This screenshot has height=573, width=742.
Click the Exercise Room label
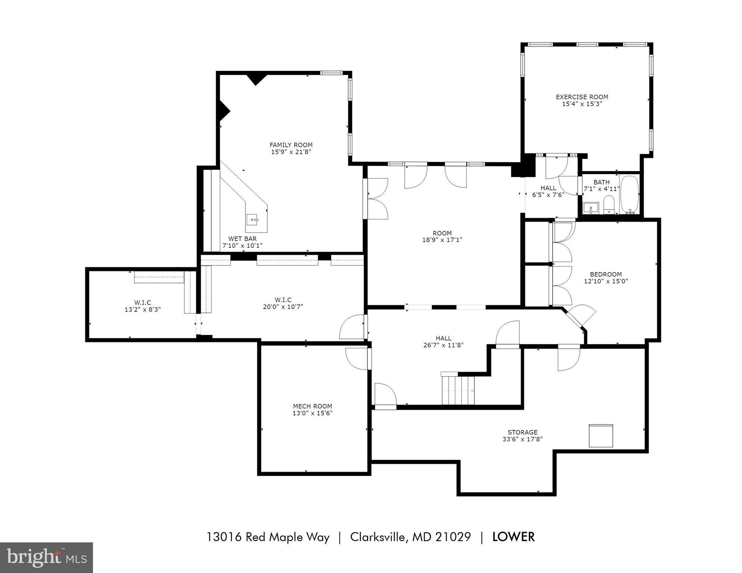click(x=582, y=97)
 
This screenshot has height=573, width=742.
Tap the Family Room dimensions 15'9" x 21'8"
click(x=291, y=152)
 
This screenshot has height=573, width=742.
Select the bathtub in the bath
click(x=630, y=194)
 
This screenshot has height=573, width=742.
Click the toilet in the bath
click(x=609, y=205)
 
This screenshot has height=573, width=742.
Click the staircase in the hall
click(x=458, y=390)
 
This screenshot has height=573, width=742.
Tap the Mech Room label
click(x=312, y=406)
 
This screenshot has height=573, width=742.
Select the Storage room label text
click(x=522, y=432)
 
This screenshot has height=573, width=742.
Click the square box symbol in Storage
click(x=600, y=436)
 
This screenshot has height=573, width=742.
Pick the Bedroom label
click(x=606, y=274)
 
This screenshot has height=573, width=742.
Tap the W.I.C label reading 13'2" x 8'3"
click(x=143, y=309)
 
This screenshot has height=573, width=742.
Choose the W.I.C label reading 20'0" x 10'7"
click(x=283, y=307)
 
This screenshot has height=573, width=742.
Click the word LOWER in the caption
click(x=513, y=537)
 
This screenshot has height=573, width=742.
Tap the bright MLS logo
click(x=46, y=558)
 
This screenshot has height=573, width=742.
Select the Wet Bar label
click(x=242, y=239)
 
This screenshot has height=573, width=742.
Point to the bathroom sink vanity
click(x=590, y=208)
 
